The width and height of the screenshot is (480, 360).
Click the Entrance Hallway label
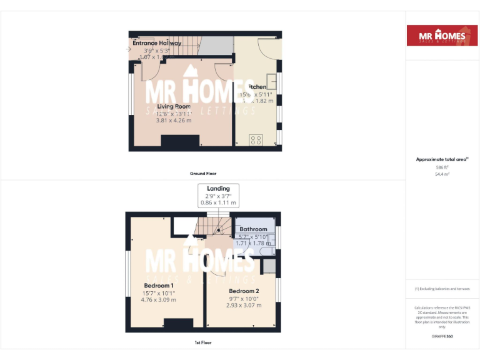pyautogui.click(x=157, y=43)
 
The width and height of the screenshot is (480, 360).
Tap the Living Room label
pyautogui.click(x=174, y=106)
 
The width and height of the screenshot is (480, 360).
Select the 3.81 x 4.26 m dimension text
pyautogui.click(x=174, y=120)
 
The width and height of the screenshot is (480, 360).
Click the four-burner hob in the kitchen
pyautogui.click(x=256, y=140)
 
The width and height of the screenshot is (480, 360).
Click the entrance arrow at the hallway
pyautogui.click(x=128, y=49)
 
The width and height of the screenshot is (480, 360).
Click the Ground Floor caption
pyautogui.click(x=203, y=173)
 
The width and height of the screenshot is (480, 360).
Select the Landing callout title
pyautogui.click(x=218, y=188)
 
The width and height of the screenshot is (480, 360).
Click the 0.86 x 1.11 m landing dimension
pyautogui.click(x=218, y=202)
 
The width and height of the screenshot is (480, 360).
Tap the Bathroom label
pyautogui.click(x=253, y=229)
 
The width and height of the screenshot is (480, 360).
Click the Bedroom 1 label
pyautogui.click(x=159, y=286)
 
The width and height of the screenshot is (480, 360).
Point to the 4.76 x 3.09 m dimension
pyautogui.click(x=159, y=299)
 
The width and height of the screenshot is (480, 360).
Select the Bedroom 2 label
pyautogui.click(x=244, y=291)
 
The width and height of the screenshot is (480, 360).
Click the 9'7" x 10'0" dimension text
pyautogui.click(x=244, y=298)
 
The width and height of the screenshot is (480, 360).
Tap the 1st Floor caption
pyautogui.click(x=203, y=342)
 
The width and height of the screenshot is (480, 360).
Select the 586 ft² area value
pyautogui.click(x=442, y=167)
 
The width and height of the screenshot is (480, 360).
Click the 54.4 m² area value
pyautogui.click(x=442, y=174)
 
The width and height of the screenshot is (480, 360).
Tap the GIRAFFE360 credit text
pyautogui.click(x=442, y=336)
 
